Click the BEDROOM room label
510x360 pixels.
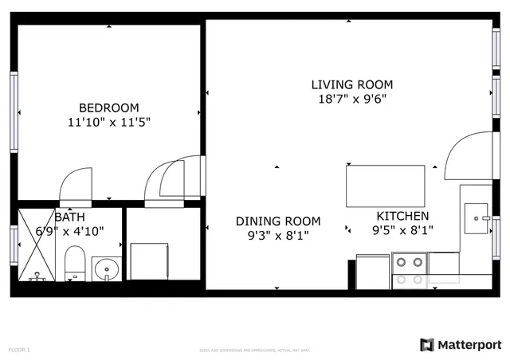pos(108,108)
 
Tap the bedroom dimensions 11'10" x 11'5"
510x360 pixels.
pos(108,123)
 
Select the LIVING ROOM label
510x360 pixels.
pos(351,84)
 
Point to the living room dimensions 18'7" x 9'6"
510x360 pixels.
pos(351,100)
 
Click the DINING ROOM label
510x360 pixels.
pos(278,221)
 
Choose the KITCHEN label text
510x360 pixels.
pos(402,216)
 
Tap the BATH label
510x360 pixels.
pos(69,217)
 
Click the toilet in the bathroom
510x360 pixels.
pos(75,264)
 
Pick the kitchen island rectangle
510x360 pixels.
pos(386,185)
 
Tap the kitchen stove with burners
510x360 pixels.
pos(410,270)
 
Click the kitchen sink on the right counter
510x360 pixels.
pos(479,217)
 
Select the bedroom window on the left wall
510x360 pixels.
pos(14,112)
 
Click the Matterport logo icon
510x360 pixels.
pos(427,344)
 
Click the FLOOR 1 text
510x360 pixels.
pos(19,350)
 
